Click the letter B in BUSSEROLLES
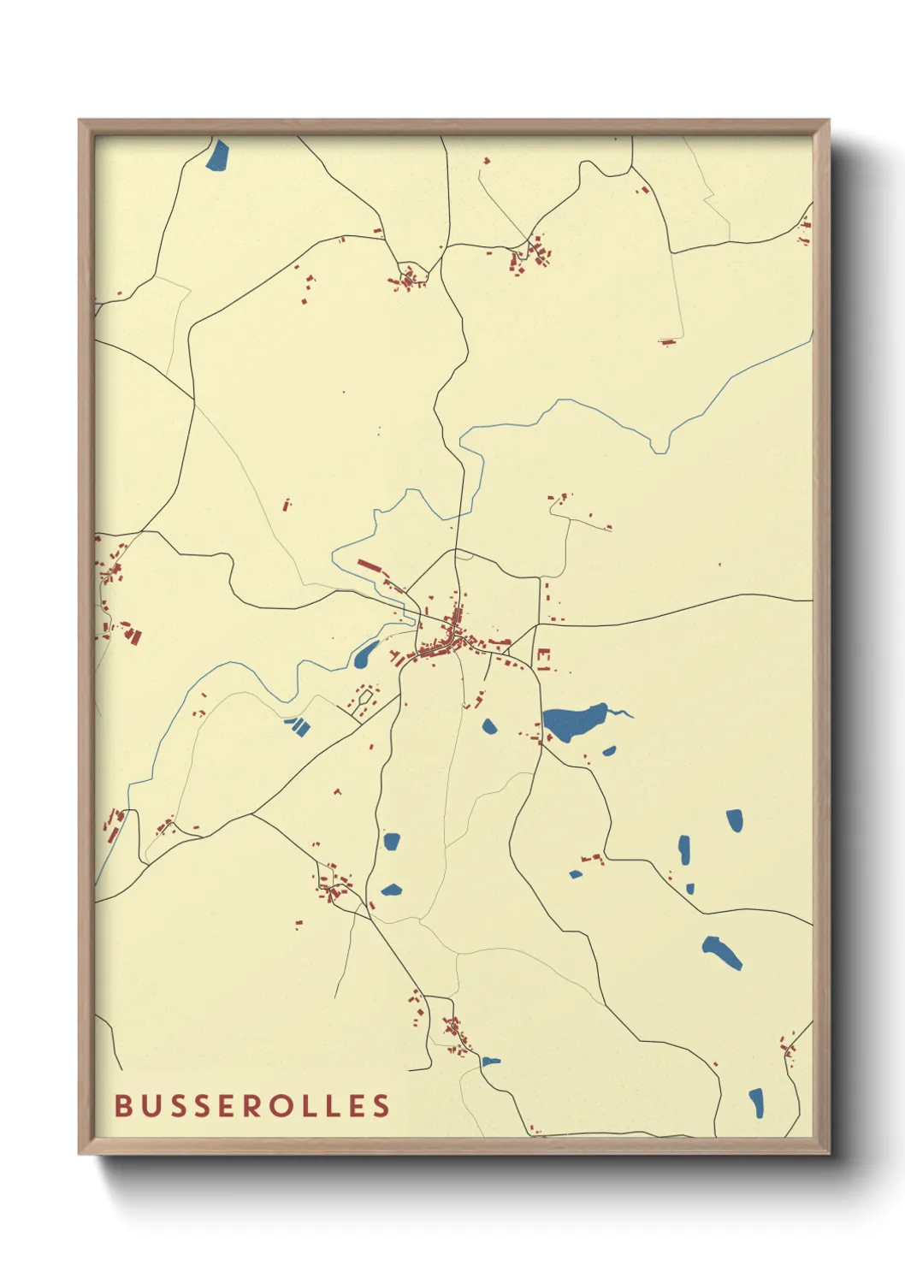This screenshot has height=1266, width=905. pos(123,1105)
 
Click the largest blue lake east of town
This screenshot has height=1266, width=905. pos(573,723)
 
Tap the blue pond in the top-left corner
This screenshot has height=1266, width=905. pos(218,156)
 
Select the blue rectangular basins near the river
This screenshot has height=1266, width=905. pos(297,726)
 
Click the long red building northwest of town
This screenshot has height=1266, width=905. pos(369,565)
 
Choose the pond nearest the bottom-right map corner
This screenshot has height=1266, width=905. pos(756,1103)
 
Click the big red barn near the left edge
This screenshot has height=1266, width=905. pos(133,636)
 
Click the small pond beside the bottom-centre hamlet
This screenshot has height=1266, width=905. pos(491,1062)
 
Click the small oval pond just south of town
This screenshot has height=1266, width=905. pos(489,727)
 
